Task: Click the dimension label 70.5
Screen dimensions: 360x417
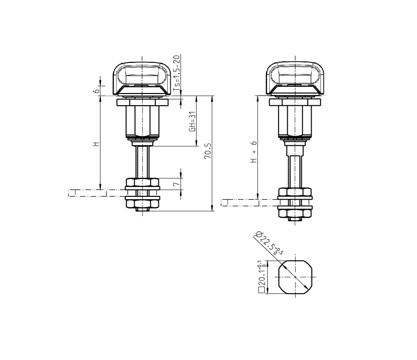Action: coord(208,152)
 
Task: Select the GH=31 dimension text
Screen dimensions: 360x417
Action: coord(192,122)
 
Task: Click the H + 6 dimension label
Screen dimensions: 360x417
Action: coord(254,152)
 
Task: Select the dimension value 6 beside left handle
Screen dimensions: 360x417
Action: coord(97,90)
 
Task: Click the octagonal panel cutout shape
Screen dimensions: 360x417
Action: coord(295,278)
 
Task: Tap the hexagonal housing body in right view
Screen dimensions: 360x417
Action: coord(295,122)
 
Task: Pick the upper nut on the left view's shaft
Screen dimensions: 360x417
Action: coord(142,184)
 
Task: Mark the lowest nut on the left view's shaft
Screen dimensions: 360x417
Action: coord(142,205)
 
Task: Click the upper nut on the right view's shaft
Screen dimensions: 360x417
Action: coord(295,192)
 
